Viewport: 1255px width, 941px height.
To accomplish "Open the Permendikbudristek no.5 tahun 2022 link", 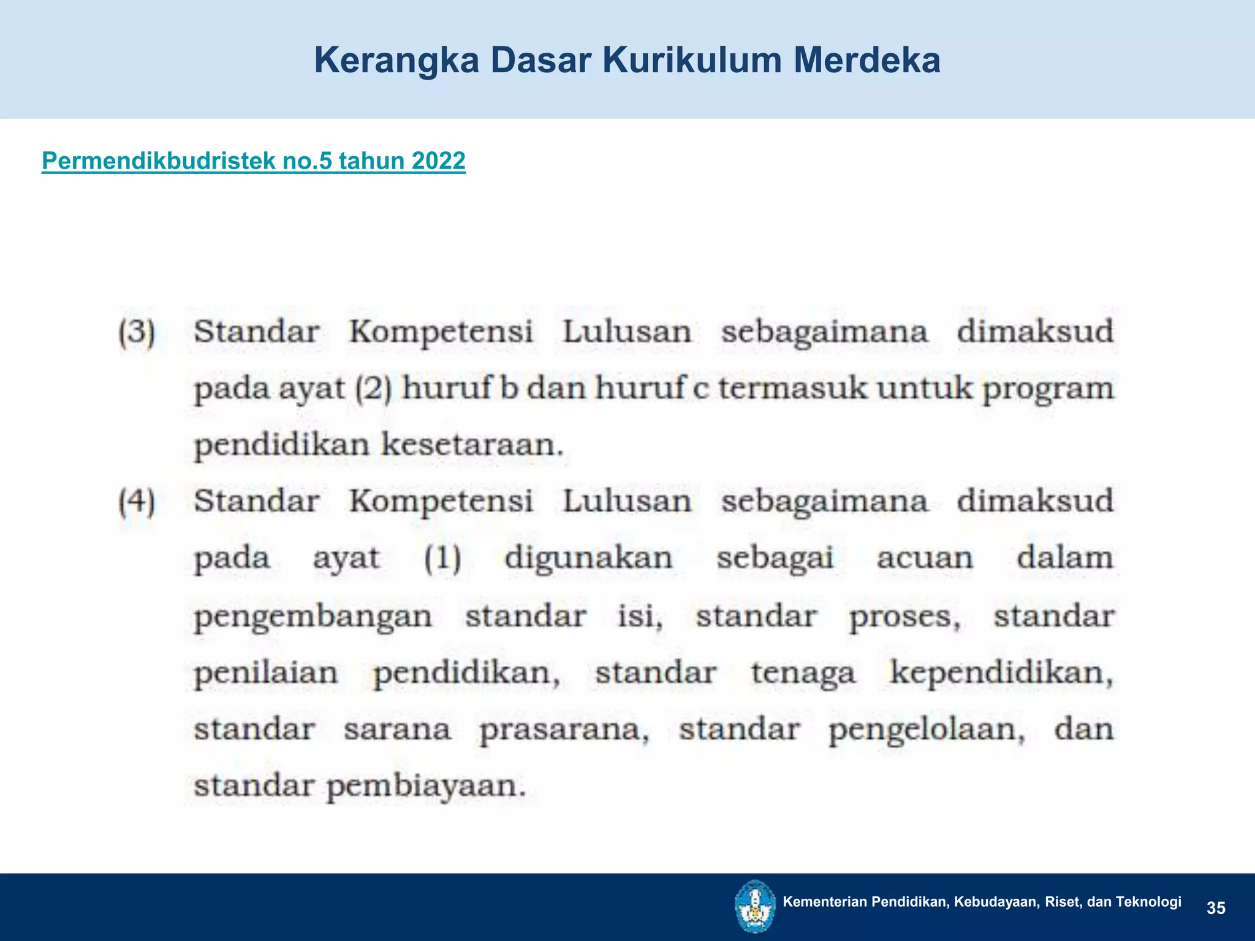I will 253,161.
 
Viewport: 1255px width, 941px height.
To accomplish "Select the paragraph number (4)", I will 137,502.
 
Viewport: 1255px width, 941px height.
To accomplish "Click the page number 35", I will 1216,908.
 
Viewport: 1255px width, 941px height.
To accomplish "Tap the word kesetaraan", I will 471,445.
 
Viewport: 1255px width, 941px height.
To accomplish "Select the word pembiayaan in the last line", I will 426,786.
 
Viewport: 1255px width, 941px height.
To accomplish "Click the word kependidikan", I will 1001,673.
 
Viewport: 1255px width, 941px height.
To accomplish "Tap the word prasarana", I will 564,730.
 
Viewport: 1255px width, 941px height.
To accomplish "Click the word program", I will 1048,390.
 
